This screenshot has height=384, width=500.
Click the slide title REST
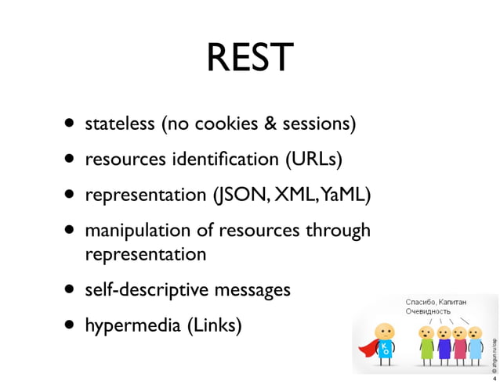tap(250, 57)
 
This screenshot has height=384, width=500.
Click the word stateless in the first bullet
tap(119, 124)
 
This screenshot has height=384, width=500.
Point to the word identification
tap(222, 160)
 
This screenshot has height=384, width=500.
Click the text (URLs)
tap(311, 160)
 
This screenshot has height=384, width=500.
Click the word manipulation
tap(138, 231)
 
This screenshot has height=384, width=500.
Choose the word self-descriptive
tap(143, 290)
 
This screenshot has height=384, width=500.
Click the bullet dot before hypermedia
tap(71, 325)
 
